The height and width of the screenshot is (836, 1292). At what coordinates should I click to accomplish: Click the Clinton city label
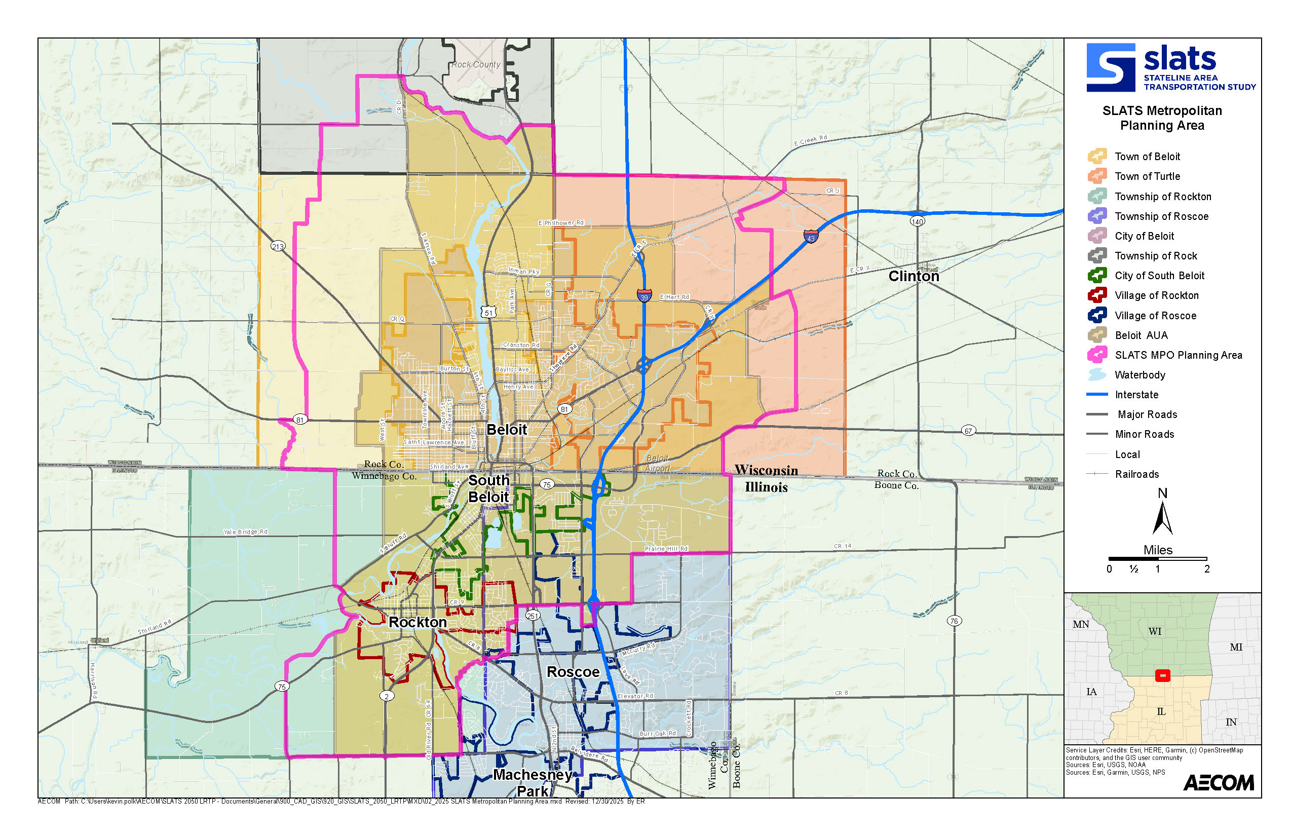click(914, 276)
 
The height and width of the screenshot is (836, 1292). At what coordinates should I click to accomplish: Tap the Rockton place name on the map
click(417, 622)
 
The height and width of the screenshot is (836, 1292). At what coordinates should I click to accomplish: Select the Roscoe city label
click(573, 672)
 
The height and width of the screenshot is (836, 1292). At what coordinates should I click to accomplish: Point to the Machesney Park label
click(533, 782)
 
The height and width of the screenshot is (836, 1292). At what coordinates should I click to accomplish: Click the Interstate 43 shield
click(811, 236)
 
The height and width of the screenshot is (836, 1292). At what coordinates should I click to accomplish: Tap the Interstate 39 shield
click(644, 296)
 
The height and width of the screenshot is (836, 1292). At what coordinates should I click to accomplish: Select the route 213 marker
click(278, 246)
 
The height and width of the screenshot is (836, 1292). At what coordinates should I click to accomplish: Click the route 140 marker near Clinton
click(917, 221)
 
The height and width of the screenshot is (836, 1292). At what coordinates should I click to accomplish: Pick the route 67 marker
click(968, 431)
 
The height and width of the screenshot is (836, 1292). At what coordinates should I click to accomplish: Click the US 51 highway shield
click(488, 312)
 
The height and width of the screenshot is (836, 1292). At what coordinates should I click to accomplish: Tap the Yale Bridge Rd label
click(245, 532)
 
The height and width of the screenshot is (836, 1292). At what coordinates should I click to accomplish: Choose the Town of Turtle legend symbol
click(1097, 176)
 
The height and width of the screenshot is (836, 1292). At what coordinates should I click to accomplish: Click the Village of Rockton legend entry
click(1156, 295)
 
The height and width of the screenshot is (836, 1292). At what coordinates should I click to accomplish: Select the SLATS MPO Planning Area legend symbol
click(1097, 355)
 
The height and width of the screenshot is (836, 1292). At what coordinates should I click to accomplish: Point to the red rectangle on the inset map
click(1162, 676)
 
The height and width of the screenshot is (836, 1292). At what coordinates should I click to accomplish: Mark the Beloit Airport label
click(658, 464)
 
